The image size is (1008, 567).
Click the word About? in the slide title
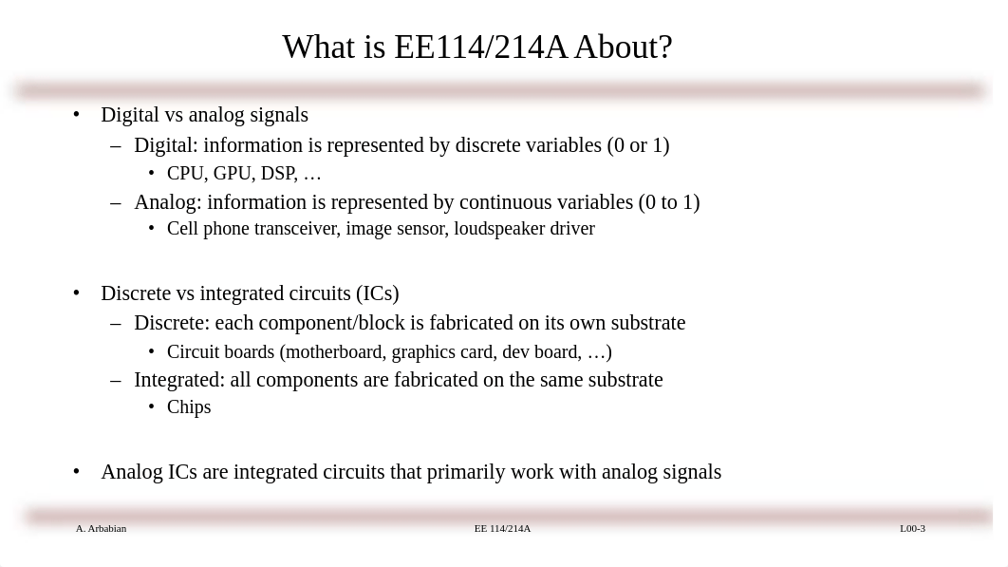[624, 47]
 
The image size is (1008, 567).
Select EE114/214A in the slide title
[481, 47]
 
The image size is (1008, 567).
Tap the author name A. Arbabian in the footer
[101, 528]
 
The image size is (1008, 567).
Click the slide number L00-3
[912, 528]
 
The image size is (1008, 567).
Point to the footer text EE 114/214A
[503, 528]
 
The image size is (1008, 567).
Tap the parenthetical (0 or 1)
[639, 145]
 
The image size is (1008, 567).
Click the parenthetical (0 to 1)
[669, 202]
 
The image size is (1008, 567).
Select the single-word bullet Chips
[189, 407]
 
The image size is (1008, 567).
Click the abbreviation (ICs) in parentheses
[378, 293]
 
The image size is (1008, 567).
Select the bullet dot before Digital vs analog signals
[77, 115]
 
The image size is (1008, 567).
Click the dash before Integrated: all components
[116, 380]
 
